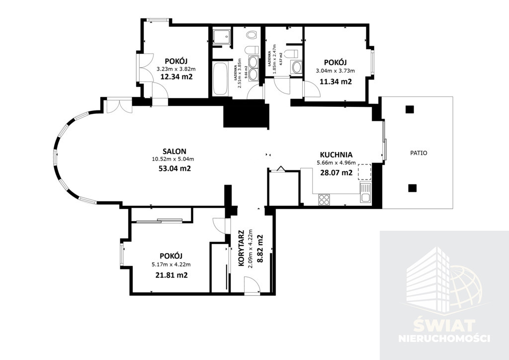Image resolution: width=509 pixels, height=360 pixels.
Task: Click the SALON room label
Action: (x=174, y=151)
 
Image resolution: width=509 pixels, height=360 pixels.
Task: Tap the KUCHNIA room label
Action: (x=336, y=155)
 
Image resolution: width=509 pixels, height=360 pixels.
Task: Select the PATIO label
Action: (x=419, y=153)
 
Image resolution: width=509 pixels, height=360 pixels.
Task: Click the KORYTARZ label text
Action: (x=241, y=248)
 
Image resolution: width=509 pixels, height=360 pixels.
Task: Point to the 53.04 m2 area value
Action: (x=174, y=169)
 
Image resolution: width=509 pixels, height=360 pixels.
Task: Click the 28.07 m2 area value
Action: (x=337, y=173)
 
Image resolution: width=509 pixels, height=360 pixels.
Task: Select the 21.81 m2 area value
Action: (x=171, y=275)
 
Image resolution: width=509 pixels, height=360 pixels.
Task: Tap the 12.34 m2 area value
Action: (x=176, y=77)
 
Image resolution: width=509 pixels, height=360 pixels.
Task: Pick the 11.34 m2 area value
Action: (x=336, y=82)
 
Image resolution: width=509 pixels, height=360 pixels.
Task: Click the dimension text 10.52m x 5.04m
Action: (x=173, y=159)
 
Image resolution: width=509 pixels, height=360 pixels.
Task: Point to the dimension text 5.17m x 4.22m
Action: (x=171, y=265)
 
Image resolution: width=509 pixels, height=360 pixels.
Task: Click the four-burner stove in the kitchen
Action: (x=324, y=199)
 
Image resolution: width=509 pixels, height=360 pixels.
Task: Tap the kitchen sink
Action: (x=365, y=193)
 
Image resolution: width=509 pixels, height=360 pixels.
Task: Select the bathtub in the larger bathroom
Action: (x=220, y=79)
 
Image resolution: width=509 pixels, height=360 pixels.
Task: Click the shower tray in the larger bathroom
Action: (x=222, y=37)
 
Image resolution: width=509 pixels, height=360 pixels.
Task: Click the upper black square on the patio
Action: (x=410, y=109)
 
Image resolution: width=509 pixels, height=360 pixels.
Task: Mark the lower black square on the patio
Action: (x=412, y=188)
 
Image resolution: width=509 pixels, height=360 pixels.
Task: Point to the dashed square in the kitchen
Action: (x=364, y=172)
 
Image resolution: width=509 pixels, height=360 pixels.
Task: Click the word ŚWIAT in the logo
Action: (x=445, y=325)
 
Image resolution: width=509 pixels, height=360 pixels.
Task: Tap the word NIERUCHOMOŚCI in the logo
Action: (x=444, y=338)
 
